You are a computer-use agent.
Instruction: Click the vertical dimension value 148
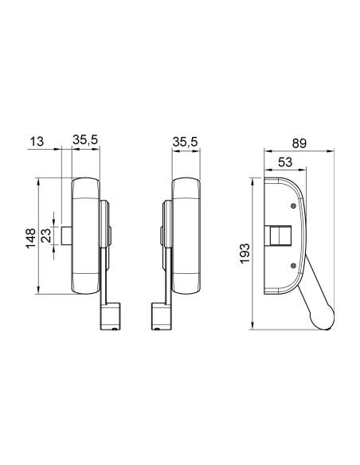29,236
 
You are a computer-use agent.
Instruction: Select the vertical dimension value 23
46,236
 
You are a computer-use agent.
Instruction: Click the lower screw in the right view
294,265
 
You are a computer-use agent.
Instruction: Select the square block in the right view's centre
280,236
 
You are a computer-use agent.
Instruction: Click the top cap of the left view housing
85,188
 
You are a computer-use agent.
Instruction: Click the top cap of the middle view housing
186,188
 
